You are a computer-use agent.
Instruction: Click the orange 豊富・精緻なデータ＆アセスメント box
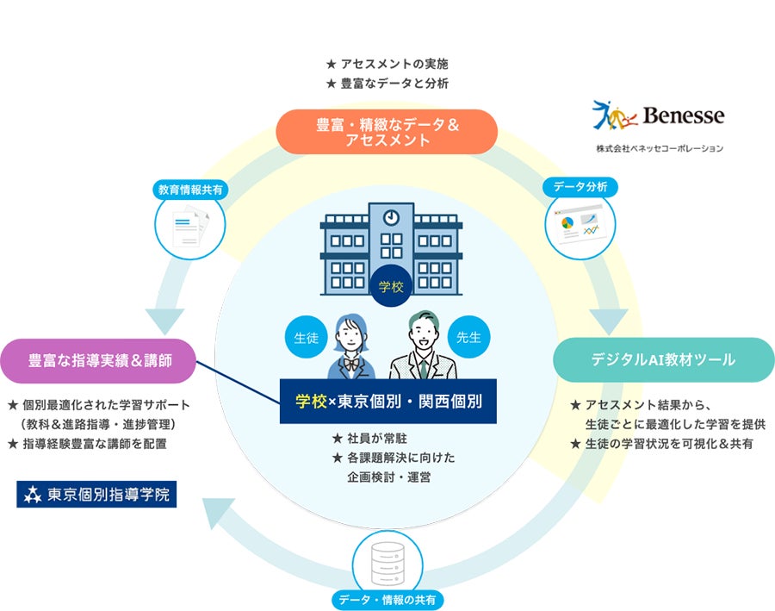387,132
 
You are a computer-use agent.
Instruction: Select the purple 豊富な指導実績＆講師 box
98,361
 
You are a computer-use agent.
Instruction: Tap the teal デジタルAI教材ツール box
663,359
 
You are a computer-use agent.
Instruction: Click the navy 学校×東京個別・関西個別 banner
388,402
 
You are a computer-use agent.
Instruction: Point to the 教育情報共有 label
190,190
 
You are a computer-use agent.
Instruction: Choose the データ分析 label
580,186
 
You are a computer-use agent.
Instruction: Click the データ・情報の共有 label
387,600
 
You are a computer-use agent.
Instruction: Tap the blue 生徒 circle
307,338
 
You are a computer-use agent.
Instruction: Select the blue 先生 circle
468,337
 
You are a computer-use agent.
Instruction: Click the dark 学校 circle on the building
391,286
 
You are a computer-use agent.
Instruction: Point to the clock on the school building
392,217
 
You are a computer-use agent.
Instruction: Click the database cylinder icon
388,564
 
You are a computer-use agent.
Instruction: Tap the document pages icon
191,228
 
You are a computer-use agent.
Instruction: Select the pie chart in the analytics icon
567,222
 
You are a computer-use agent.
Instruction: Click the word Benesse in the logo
684,115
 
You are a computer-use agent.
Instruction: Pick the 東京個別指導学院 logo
96,495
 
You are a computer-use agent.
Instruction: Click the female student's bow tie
351,365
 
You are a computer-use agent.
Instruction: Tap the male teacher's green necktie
423,369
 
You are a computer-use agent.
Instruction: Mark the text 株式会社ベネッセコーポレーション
660,148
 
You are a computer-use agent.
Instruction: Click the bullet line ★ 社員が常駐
369,439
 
